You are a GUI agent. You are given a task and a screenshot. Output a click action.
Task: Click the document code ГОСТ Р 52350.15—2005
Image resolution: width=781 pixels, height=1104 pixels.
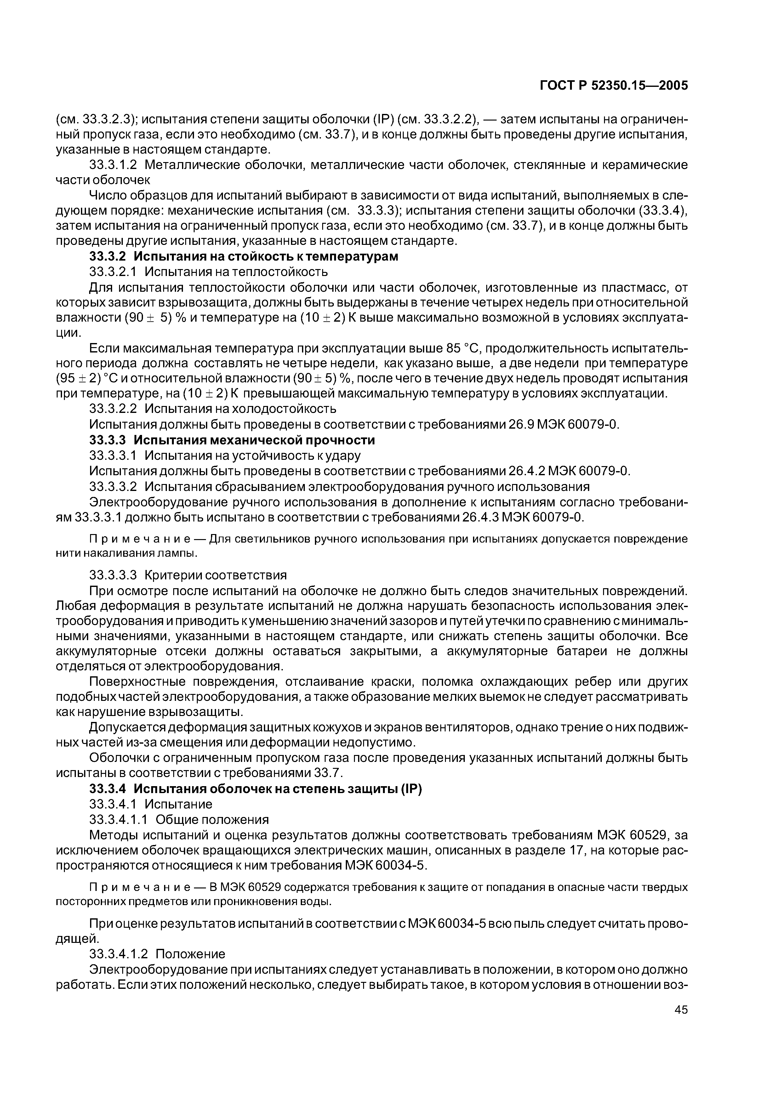pos(613,86)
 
